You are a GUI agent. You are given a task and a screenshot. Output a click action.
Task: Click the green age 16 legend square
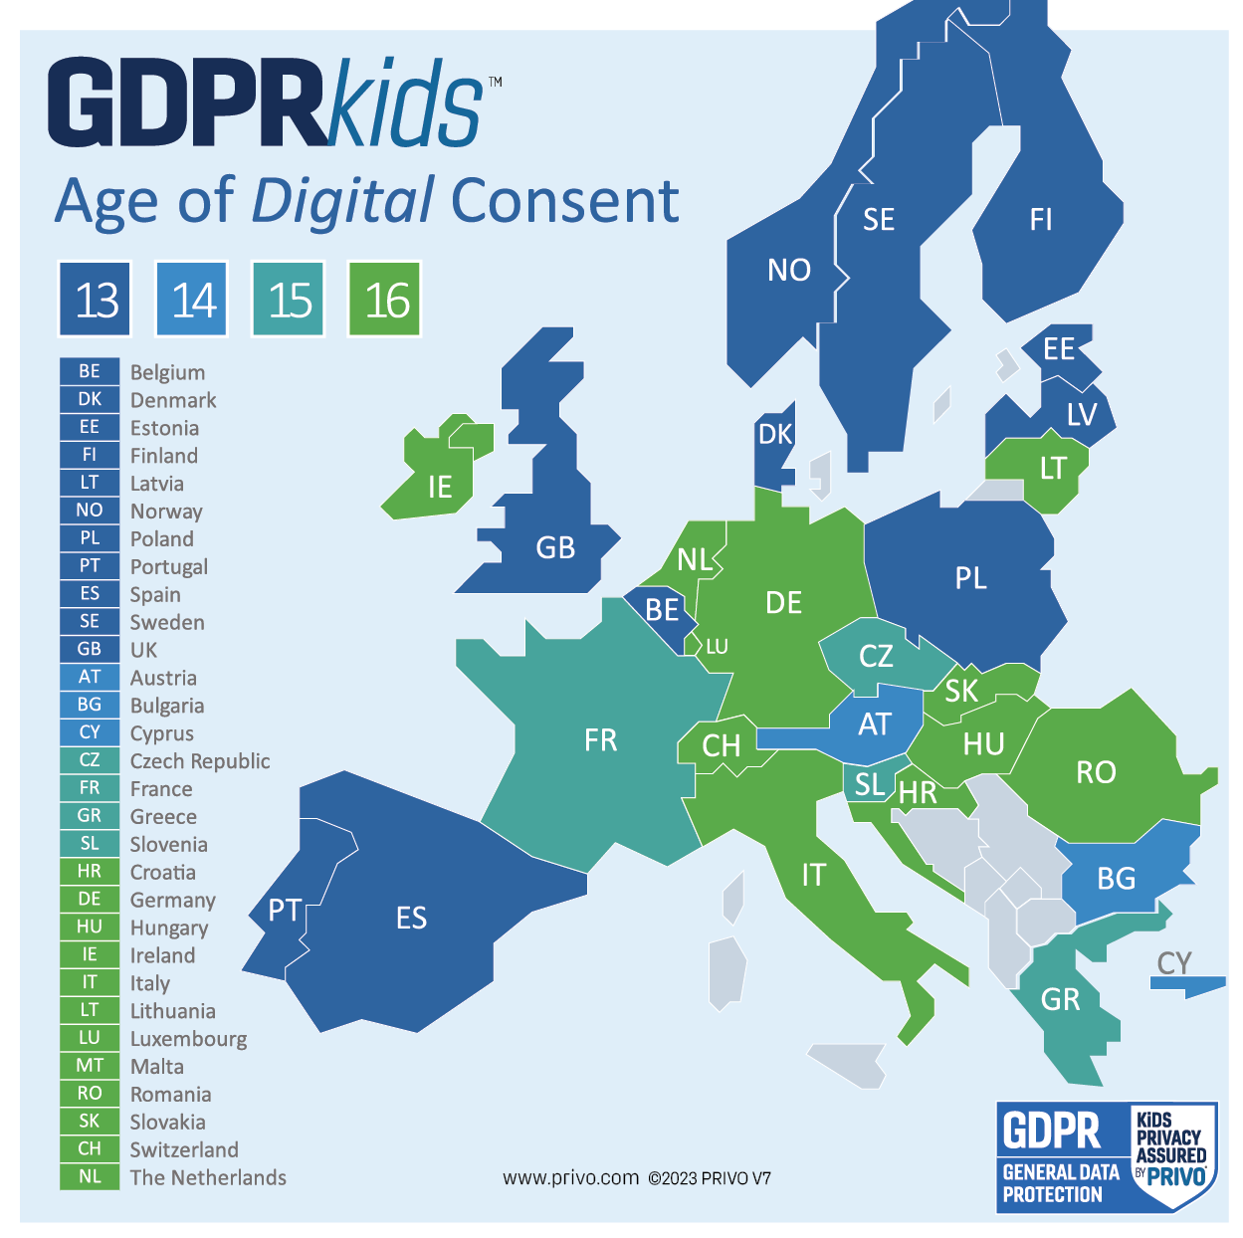(x=385, y=299)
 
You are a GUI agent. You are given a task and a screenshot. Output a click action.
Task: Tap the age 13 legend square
(x=96, y=299)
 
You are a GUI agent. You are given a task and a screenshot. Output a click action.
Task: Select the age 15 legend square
(x=289, y=299)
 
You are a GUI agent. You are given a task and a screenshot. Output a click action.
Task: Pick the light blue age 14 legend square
(x=192, y=299)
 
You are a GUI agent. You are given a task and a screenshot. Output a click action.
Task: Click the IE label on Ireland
(x=440, y=487)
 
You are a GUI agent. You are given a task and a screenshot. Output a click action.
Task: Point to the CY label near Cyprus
(x=1174, y=962)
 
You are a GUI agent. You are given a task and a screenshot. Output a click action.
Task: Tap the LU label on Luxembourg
(x=717, y=647)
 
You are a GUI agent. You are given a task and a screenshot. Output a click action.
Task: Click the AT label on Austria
(x=875, y=724)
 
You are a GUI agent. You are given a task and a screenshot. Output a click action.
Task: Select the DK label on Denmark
(x=775, y=434)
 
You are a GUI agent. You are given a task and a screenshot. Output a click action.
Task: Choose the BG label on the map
(x=1116, y=878)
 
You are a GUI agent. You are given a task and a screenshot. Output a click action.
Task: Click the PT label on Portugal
(x=285, y=910)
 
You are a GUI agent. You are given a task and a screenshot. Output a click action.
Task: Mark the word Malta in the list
(x=157, y=1066)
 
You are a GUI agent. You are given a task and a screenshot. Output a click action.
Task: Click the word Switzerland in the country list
(x=184, y=1149)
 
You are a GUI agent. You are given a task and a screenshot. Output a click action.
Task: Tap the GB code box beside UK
(x=90, y=649)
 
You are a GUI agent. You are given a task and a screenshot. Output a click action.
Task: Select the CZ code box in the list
(x=90, y=760)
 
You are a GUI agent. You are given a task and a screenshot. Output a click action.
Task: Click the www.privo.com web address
(x=570, y=1178)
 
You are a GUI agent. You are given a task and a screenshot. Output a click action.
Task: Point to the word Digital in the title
(x=342, y=201)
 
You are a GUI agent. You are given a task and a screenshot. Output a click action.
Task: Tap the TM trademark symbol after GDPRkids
(x=495, y=83)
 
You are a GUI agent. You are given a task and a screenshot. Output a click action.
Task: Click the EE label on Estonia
(x=1059, y=349)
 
